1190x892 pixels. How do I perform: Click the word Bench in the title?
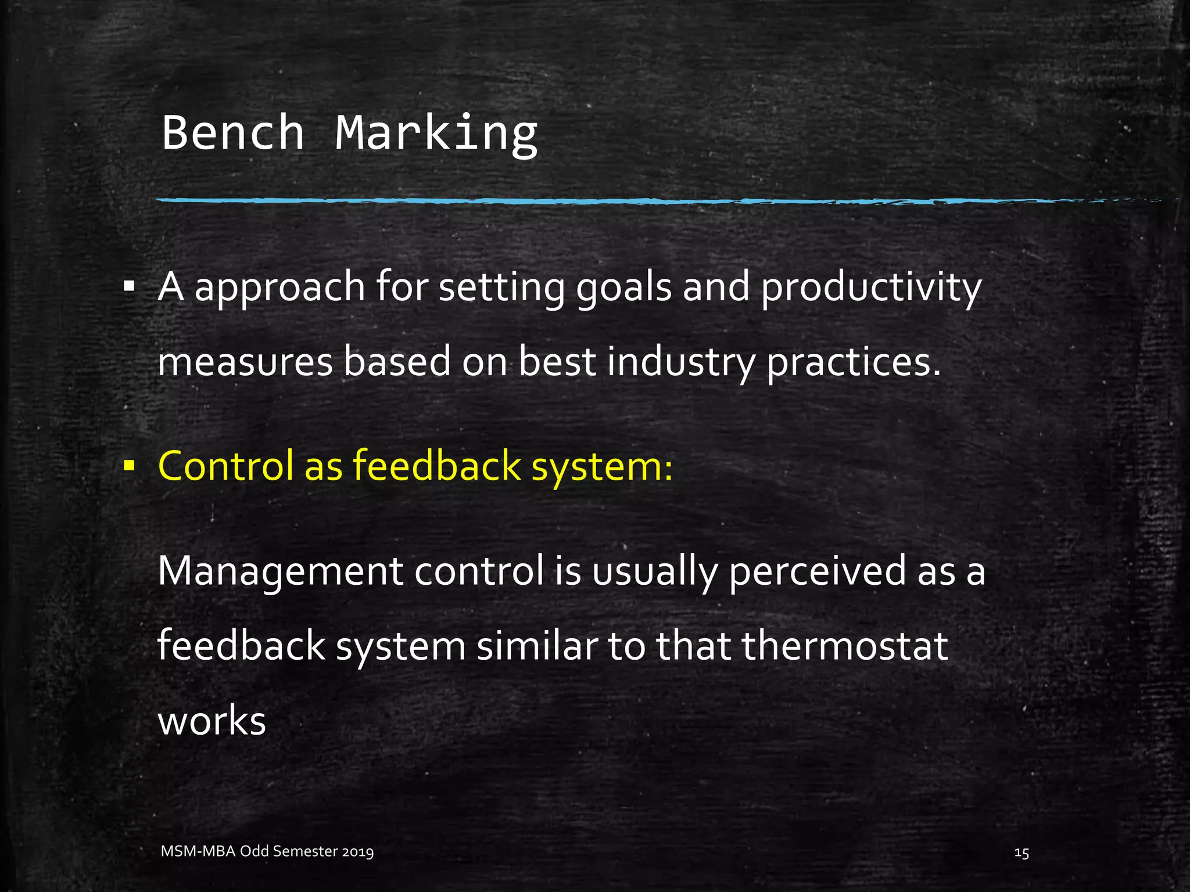[x=233, y=132]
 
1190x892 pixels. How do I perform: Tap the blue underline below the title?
[x=581, y=201]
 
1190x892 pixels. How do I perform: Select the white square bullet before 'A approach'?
[x=129, y=286]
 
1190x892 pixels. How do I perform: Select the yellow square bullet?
[x=129, y=465]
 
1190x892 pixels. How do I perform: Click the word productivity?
[x=871, y=289]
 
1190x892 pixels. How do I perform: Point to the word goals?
[x=623, y=289]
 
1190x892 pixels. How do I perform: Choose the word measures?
[x=245, y=362]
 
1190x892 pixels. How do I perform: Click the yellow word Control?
[x=225, y=465]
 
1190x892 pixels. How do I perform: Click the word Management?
[x=280, y=572]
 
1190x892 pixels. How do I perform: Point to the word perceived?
[x=817, y=572]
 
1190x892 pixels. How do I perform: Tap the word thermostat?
[x=845, y=646]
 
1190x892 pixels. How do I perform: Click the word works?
[x=212, y=721]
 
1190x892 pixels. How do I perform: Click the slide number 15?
[x=1021, y=853]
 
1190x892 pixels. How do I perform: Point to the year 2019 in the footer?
[x=357, y=852]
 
